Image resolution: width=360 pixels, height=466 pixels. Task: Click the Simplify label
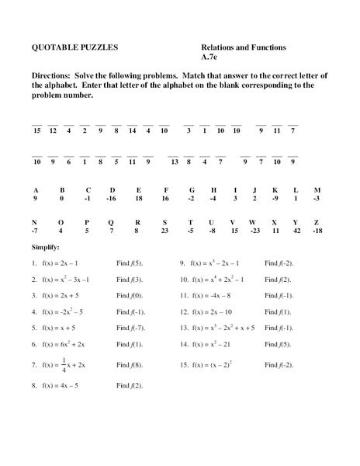coord(44,247)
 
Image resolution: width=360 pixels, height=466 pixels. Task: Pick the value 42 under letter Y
coord(296,231)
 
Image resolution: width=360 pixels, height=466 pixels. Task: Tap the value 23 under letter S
coord(164,231)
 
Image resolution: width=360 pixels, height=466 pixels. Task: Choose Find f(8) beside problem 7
coord(129,363)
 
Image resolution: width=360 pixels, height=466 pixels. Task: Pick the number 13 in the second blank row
coord(175,162)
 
